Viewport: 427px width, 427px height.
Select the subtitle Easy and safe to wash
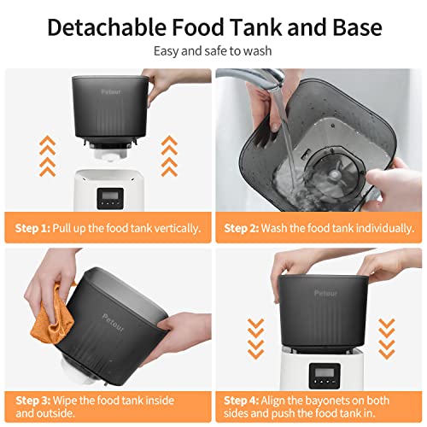(213, 51)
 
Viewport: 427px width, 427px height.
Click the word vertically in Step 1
(176, 229)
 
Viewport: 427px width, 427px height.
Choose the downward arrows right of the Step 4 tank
(386, 337)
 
